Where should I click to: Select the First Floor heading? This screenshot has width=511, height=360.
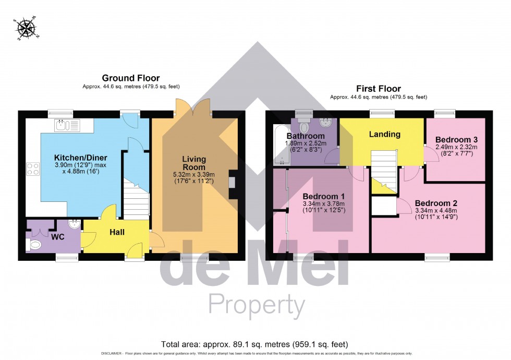378,88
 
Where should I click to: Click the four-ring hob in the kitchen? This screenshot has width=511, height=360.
32,169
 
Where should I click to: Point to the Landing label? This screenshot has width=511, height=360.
385,134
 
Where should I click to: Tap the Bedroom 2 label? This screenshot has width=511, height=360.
435,203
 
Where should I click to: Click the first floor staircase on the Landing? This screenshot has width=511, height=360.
384,167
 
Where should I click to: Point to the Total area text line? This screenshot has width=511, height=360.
255,344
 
